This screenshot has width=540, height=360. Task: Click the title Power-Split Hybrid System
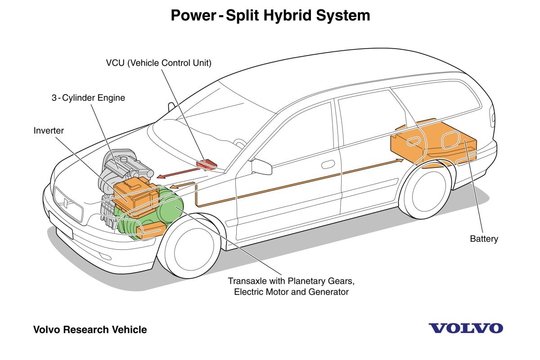270,15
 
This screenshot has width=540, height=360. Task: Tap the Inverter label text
49,131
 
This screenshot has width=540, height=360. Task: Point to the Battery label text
484,239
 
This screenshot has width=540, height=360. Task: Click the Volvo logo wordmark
465,328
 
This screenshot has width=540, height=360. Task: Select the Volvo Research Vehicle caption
90,330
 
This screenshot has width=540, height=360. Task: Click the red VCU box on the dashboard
206,163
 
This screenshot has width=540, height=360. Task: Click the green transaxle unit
169,207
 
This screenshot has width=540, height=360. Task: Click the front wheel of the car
189,250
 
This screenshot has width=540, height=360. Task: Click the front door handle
328,164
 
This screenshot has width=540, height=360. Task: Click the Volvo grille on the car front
67,202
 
